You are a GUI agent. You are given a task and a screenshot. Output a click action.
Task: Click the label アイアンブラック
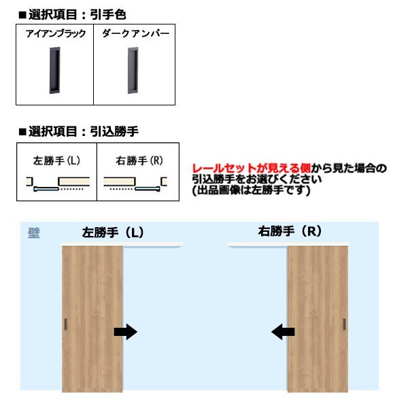pyautogui.click(x=55, y=33)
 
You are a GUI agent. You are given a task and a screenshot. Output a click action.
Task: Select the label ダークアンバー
pyautogui.click(x=135, y=33)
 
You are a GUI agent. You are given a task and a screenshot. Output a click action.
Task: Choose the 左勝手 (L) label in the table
pyautogui.click(x=56, y=161)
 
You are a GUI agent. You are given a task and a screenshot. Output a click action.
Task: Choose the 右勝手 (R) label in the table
pyautogui.click(x=137, y=161)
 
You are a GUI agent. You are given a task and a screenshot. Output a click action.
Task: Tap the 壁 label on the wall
pyautogui.click(x=33, y=233)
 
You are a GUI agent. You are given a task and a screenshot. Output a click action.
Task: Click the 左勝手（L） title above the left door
pyautogui.click(x=112, y=232)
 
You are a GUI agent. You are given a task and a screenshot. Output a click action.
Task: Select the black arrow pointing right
pyautogui.click(x=125, y=331)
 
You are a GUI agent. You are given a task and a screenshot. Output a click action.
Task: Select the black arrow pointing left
pyautogui.click(x=282, y=331)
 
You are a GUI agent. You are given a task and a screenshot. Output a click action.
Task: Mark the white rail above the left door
pyautogui.click(x=122, y=243)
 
